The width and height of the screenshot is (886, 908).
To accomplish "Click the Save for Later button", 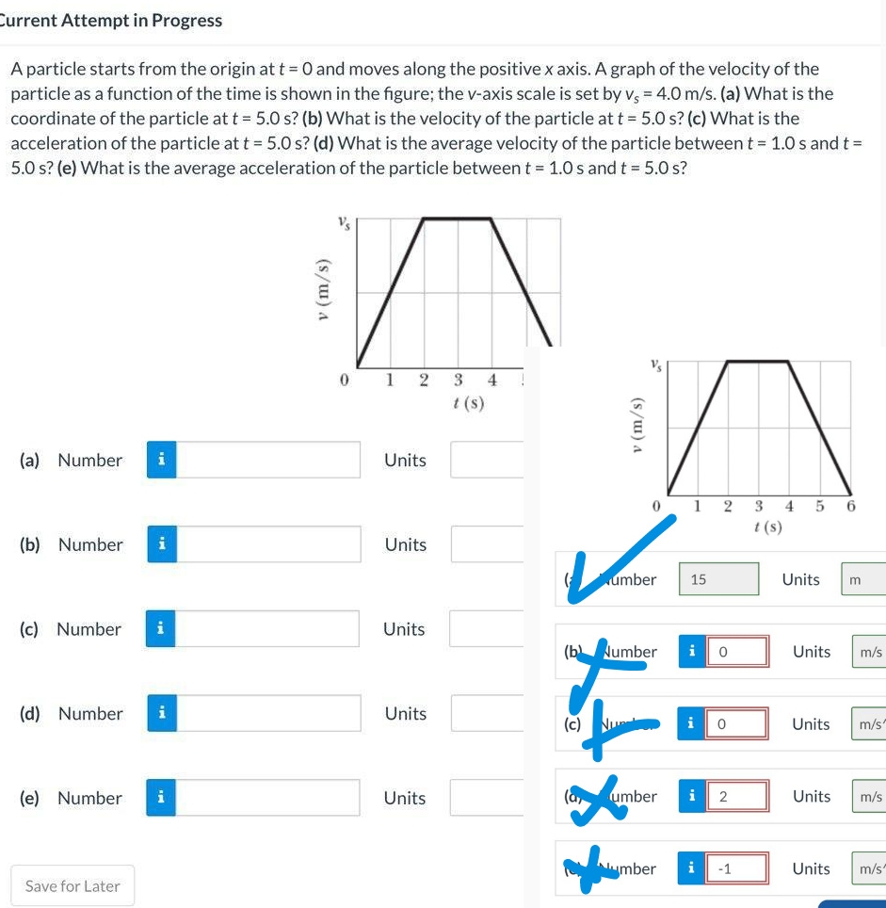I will pyautogui.click(x=72, y=885).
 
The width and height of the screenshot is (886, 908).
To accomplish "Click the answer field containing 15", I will pyautogui.click(x=718, y=579).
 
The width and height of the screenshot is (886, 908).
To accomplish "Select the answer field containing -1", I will pyautogui.click(x=738, y=868).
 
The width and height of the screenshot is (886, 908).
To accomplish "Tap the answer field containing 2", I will pyautogui.click(x=738, y=796).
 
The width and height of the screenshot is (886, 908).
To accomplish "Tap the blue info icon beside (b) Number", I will pyautogui.click(x=162, y=544).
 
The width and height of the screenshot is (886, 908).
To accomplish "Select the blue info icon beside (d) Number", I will pyautogui.click(x=162, y=713).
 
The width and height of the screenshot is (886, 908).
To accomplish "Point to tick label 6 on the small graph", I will pyautogui.click(x=851, y=507).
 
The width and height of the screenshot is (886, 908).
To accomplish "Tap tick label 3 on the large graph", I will pyautogui.click(x=458, y=380).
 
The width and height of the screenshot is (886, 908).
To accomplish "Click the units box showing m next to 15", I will pyautogui.click(x=864, y=579).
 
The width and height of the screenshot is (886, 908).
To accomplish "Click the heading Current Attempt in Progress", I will pyautogui.click(x=111, y=20).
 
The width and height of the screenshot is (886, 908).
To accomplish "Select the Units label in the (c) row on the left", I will pyautogui.click(x=404, y=628).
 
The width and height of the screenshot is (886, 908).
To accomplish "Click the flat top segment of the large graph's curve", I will pyautogui.click(x=459, y=219).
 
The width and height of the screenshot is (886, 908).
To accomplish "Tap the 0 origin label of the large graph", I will pyautogui.click(x=345, y=380).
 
